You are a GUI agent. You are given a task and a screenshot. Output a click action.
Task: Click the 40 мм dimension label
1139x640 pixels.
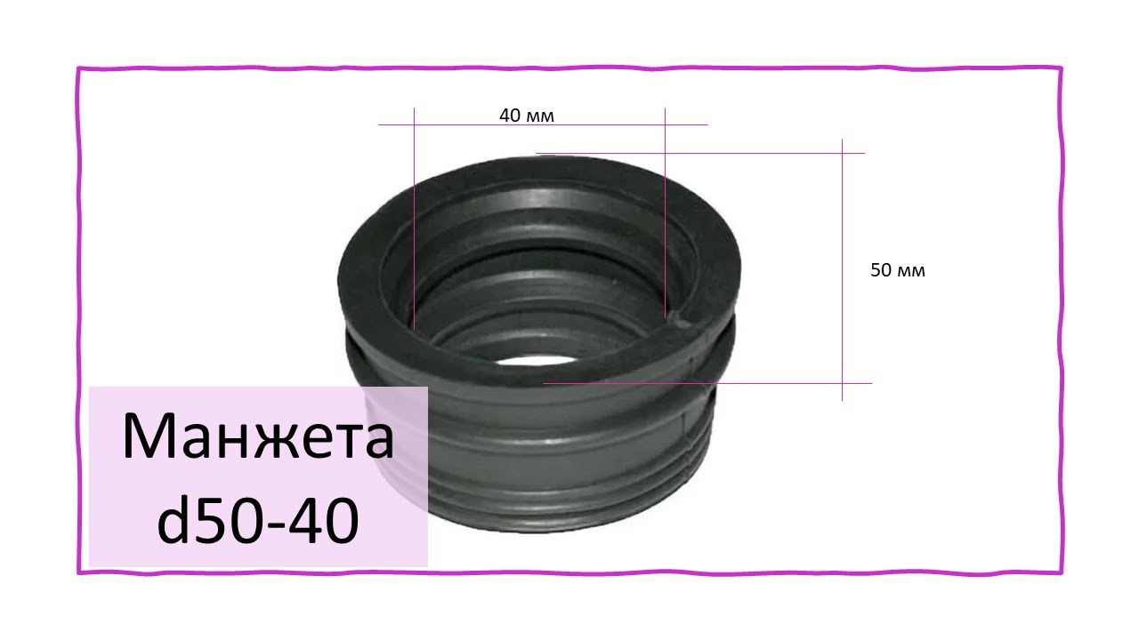pos(526,116)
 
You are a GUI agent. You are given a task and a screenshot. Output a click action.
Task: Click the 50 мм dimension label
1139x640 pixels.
pos(898,269)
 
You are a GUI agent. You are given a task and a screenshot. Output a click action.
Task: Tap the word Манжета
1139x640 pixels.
pos(258,436)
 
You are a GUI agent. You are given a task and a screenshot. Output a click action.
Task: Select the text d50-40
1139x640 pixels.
pos(258,520)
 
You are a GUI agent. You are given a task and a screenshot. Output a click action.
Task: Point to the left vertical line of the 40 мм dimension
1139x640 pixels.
pos(414,219)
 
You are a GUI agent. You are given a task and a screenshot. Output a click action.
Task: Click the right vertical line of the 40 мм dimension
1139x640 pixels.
pos(665,212)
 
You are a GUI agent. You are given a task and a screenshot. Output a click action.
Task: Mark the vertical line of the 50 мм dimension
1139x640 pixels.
pos(842,270)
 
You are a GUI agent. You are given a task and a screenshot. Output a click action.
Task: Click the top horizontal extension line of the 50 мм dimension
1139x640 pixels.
pos(700,153)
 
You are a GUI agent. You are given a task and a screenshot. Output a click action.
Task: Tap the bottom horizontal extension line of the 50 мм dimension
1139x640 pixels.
pos(707,383)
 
